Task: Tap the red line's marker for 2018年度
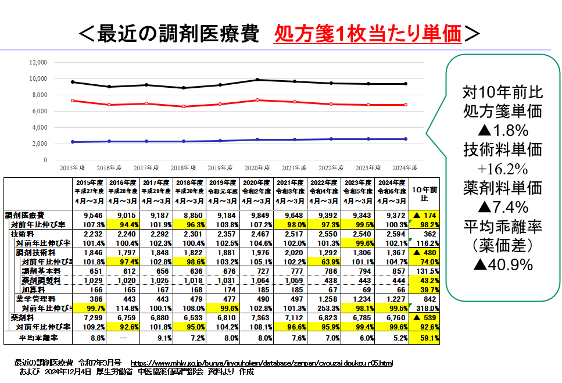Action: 184,106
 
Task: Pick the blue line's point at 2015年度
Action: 73,142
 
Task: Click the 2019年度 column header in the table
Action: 224,191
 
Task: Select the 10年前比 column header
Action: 424,194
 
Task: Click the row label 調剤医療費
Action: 28,215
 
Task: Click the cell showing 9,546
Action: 89,215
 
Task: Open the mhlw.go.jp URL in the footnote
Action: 262,363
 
